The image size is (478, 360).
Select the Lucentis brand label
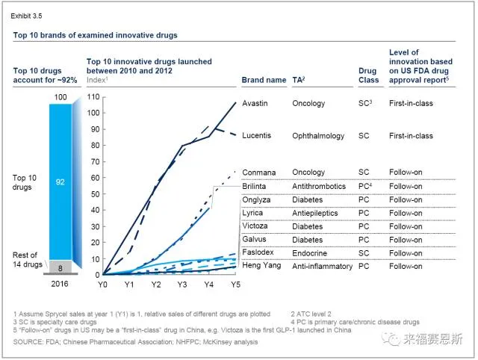(x=256, y=136)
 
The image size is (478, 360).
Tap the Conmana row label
(x=258, y=172)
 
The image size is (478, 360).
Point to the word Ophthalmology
(x=318, y=136)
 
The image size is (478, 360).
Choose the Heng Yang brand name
(x=261, y=265)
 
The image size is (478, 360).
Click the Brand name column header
(x=264, y=80)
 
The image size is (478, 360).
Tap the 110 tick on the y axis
(x=93, y=97)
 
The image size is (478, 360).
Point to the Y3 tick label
(x=182, y=285)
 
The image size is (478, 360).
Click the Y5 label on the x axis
(x=236, y=285)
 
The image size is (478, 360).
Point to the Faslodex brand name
(x=258, y=253)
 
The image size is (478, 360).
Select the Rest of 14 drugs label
(x=28, y=261)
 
